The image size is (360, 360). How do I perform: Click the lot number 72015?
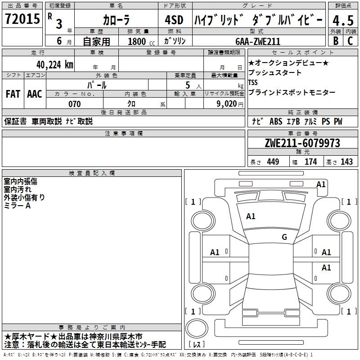tap(22, 18)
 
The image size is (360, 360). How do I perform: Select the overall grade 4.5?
tap(343, 20)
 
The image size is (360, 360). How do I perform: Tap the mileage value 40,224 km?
tap(55, 65)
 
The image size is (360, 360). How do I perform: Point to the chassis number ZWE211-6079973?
tap(302, 143)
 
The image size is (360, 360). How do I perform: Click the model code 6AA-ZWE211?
tap(258, 41)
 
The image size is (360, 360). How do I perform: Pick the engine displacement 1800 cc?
tap(141, 41)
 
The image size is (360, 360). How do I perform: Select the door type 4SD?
tap(174, 20)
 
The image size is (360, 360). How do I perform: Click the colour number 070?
tap(75, 104)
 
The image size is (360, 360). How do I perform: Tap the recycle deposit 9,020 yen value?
tap(230, 104)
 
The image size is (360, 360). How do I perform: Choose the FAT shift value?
tap(13, 94)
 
